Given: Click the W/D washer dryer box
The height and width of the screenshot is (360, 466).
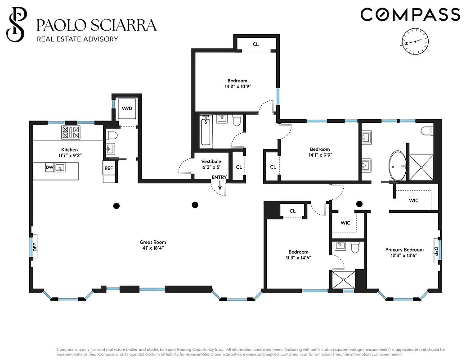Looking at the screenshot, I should pos(127,109).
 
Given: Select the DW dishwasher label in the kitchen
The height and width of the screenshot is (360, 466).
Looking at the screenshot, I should pos(49,168).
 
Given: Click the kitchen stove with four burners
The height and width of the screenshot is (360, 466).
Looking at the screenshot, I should pos(71,132).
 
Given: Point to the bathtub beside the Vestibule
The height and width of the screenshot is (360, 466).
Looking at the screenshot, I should pos(206,131).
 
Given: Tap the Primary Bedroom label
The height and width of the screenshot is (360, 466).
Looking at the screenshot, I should pos(404,250).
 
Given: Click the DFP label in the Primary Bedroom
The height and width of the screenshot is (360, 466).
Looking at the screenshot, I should pos(436,251).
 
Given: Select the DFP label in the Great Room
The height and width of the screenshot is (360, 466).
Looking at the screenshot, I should pos(34,247).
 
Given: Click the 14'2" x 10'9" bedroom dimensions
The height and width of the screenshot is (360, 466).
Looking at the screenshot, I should pos(237,86).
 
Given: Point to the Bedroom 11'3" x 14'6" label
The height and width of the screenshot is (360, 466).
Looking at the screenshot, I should pos(298,255).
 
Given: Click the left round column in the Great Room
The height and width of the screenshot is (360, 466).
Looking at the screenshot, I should pos(116,206).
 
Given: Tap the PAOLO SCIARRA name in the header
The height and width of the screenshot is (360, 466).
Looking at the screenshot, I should pos(96,25).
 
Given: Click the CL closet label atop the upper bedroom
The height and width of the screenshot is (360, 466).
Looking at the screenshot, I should pos(255,44).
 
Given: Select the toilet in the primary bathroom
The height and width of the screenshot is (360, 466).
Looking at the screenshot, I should pos(426,131).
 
